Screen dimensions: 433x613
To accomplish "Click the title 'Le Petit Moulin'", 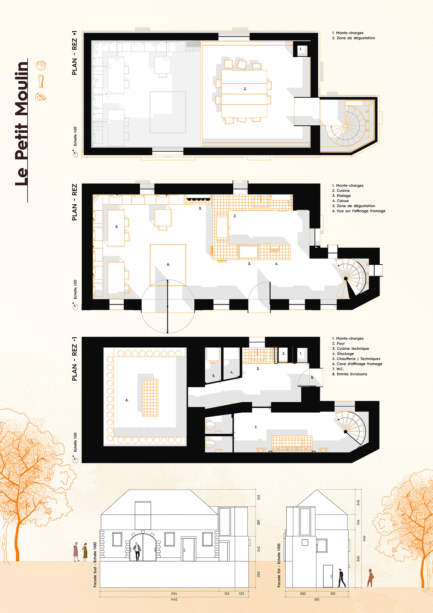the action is (x=21, y=124).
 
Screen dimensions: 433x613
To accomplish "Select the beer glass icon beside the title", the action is (x=41, y=81).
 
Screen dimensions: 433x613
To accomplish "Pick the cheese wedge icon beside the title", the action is (x=41, y=96).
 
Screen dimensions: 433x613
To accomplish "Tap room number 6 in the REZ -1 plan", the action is (x=127, y=400).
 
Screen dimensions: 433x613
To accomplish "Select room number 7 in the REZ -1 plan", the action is (x=256, y=427).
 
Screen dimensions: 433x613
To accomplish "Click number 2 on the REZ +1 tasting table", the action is (x=245, y=89).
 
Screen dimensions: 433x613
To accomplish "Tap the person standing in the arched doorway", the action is (x=137, y=551).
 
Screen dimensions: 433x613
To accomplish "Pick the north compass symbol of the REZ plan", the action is (x=75, y=306).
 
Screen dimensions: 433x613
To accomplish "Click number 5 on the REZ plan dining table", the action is (x=117, y=227).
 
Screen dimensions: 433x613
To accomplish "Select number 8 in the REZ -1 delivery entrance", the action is (x=312, y=378).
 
